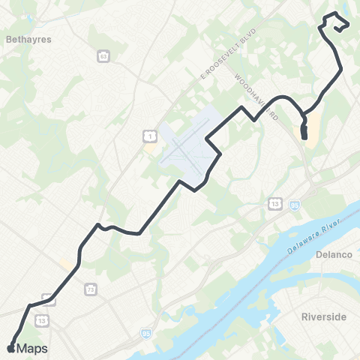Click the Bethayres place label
click(x=28, y=40)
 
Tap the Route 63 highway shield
click(x=103, y=55)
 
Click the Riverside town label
click(x=323, y=316)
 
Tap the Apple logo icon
click(x=10, y=348)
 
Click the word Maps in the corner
click(x=32, y=348)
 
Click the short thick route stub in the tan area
click(x=304, y=133)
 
